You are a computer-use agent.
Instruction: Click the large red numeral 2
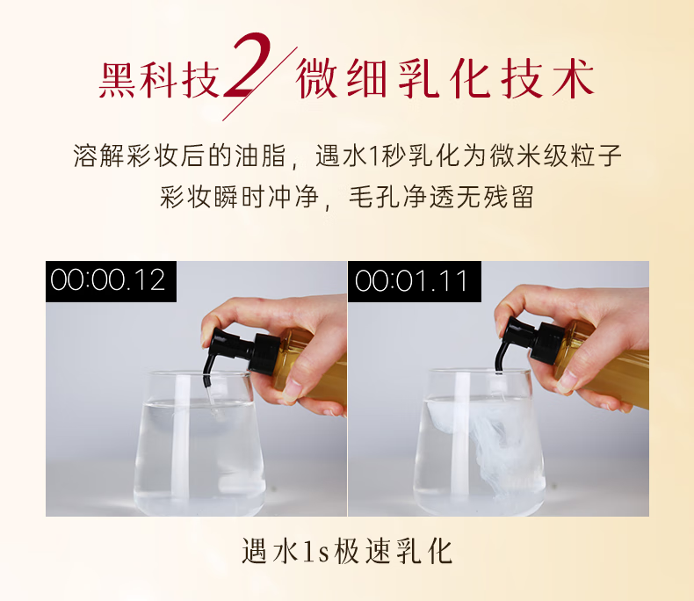[x=248, y=66]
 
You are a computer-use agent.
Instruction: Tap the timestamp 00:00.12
[x=108, y=280]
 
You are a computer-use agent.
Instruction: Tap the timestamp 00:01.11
[x=411, y=281]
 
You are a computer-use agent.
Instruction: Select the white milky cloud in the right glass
[x=487, y=443]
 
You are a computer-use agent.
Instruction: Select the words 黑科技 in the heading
[x=159, y=80]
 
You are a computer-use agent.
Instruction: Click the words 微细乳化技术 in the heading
[x=445, y=79]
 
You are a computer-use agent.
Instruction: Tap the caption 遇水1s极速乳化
[x=347, y=552]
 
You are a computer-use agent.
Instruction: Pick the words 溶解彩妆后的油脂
[x=179, y=156]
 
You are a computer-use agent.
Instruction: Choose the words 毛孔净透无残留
[x=441, y=197]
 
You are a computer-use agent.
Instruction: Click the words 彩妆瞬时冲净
[x=240, y=197]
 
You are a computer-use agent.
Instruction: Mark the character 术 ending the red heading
[x=573, y=79]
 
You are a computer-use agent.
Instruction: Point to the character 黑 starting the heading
[x=117, y=80]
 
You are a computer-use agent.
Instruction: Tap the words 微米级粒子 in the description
[x=555, y=156]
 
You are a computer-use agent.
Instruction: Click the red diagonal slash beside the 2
[x=259, y=83]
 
